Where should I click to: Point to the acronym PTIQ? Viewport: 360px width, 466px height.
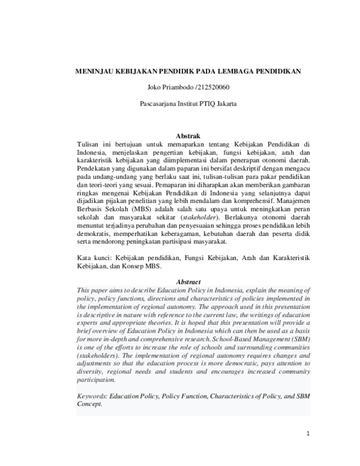(205, 103)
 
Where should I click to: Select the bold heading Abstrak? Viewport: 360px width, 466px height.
(188, 136)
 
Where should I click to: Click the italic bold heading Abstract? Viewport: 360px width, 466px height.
(188, 282)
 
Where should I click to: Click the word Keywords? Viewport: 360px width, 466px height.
(93, 396)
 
